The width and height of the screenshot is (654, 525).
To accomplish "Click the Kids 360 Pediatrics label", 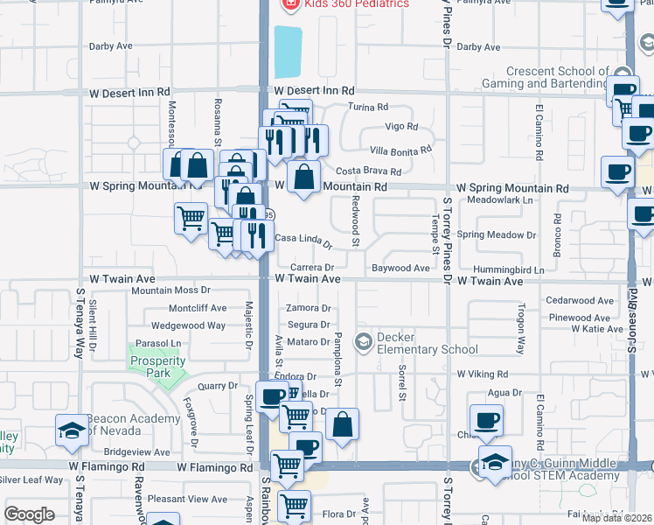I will (x=356, y=4).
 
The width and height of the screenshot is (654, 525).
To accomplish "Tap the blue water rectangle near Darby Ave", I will (x=288, y=52).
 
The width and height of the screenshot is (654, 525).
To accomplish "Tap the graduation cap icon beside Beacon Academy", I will (x=72, y=429).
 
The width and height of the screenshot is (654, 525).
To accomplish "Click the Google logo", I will (x=29, y=514).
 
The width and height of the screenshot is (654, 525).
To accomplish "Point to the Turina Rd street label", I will (x=368, y=108).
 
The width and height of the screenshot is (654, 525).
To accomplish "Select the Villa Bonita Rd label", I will (x=400, y=150).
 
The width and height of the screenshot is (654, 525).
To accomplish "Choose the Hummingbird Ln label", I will (x=503, y=269).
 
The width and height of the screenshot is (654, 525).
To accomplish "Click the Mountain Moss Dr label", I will (x=170, y=290).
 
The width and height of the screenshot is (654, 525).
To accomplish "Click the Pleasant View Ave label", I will (x=187, y=499).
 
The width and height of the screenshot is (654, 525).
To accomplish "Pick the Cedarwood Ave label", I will (x=578, y=300).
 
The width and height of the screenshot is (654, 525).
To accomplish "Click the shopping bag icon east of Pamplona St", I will (x=343, y=426).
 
